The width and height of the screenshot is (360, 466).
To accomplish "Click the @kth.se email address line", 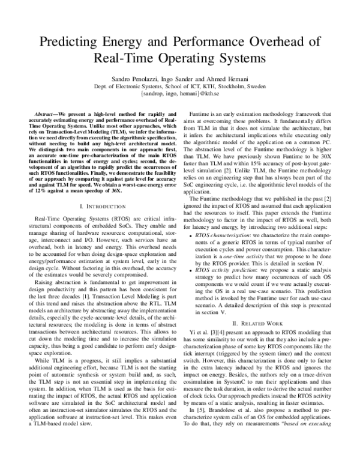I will pyautogui.click(x=179, y=95).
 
